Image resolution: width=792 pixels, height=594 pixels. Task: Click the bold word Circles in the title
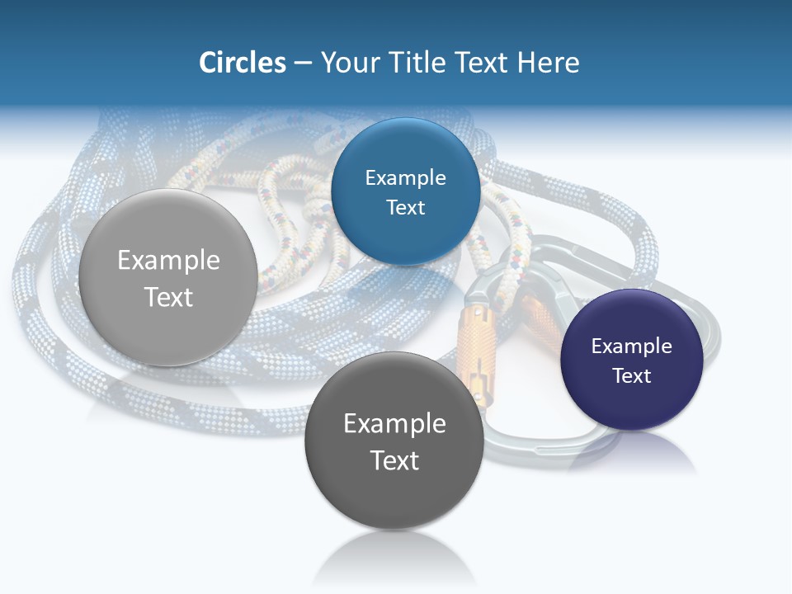tap(243, 63)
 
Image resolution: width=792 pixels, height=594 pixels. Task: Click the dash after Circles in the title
tap(303, 64)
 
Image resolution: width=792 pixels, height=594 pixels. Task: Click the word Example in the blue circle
tap(405, 178)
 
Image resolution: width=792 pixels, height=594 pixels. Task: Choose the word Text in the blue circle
tap(405, 208)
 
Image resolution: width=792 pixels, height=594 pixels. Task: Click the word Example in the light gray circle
tap(168, 261)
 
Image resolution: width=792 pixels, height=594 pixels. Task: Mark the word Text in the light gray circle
tap(168, 297)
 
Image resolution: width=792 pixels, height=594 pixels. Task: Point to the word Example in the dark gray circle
tap(394, 424)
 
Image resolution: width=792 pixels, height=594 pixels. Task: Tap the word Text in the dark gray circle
tap(394, 460)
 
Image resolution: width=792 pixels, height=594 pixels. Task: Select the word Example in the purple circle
tap(632, 346)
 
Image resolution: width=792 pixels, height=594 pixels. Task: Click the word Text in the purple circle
tap(632, 376)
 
